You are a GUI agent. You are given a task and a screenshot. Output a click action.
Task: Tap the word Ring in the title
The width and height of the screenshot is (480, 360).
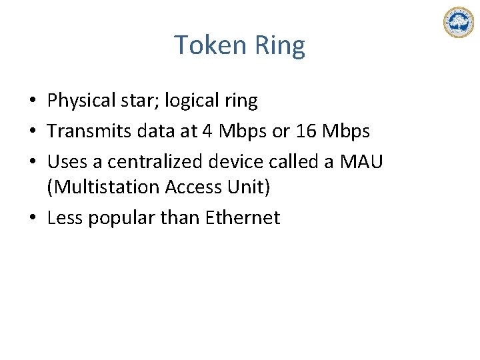click(x=279, y=45)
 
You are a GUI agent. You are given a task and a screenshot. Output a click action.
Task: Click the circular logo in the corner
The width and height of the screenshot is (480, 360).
click(x=458, y=23)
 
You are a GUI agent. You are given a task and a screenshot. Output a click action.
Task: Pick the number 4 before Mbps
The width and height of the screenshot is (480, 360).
click(x=207, y=131)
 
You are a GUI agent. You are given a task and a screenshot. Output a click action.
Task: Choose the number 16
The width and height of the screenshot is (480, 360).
click(x=306, y=131)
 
